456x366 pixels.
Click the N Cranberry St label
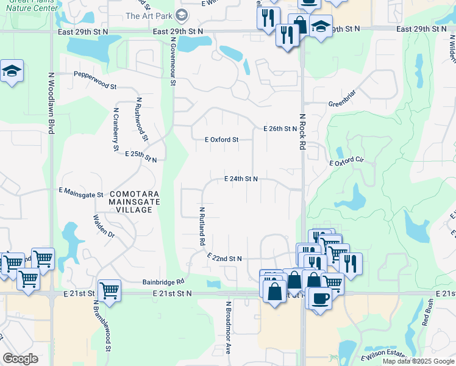click(x=116, y=129)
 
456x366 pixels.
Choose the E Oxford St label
click(x=221, y=140)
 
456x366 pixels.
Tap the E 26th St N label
click(x=280, y=129)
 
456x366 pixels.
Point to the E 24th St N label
click(x=241, y=179)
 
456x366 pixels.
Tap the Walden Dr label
click(x=104, y=226)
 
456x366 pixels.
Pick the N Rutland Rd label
click(x=201, y=226)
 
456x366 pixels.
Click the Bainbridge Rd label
click(x=163, y=282)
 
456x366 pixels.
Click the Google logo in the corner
click(x=20, y=359)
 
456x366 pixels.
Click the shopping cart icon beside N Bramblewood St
click(x=109, y=290)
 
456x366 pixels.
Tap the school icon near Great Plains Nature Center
click(x=12, y=72)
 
